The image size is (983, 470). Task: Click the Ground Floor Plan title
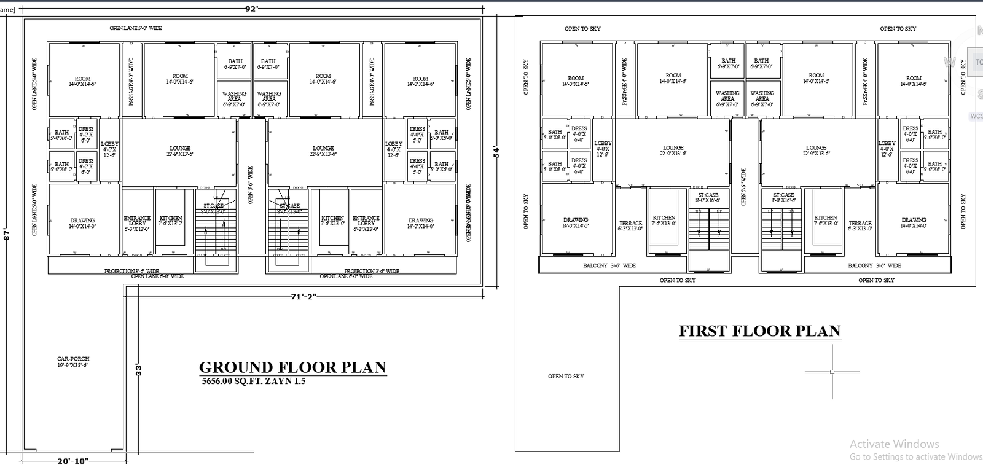292,367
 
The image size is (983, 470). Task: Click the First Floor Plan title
759,331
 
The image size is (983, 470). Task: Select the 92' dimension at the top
253,9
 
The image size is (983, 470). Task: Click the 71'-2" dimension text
303,297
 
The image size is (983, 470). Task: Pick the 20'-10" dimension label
73,461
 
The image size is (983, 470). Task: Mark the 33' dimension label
139,370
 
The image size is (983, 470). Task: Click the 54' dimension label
496,151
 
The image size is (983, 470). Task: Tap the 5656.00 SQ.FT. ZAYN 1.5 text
254,381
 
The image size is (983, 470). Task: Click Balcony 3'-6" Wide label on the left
609,265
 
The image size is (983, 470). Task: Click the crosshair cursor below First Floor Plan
832,371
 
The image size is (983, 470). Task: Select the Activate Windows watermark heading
894,444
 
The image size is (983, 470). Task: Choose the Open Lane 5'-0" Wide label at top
136,28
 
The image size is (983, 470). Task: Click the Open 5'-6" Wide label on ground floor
250,184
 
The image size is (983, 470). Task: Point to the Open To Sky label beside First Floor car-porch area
566,376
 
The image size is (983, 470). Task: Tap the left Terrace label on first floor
630,225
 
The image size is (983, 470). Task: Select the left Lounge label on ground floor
180,151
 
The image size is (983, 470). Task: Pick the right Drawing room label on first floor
914,222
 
